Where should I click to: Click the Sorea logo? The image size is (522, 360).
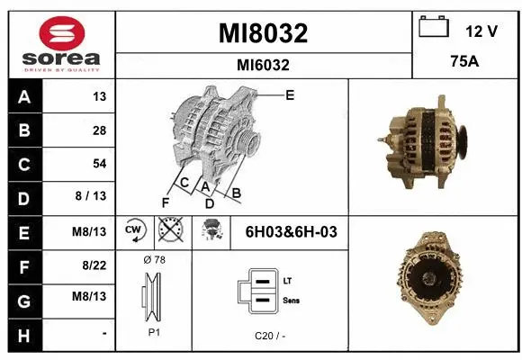point(60,43)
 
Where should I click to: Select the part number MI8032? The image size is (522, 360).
point(264,34)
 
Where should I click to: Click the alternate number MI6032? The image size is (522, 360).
point(263,65)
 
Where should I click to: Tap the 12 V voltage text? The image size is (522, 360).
point(481,31)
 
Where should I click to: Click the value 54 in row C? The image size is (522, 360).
point(99,164)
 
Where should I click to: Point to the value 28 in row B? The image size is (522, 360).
point(99,130)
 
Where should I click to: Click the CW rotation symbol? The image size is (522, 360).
point(135,230)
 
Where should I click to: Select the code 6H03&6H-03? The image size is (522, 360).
point(291,231)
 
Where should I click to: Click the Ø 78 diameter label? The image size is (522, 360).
point(154,259)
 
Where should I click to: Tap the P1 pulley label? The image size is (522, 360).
point(154,331)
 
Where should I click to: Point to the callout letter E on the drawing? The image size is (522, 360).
point(289,94)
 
